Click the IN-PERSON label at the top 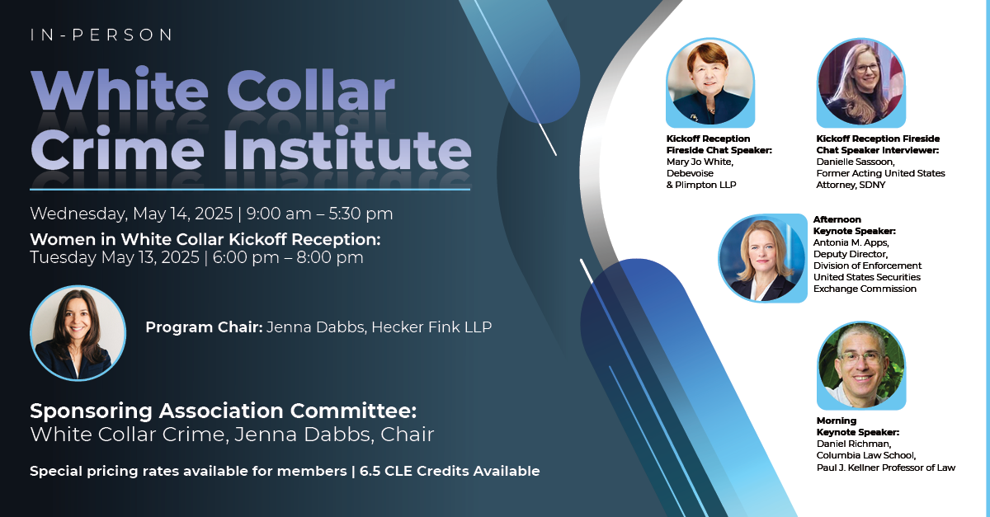coord(101,35)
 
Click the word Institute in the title coord(347,149)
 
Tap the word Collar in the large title coord(311,91)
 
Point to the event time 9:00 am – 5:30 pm coord(319,214)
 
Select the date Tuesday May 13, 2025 coord(115,257)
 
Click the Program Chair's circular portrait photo coord(78,333)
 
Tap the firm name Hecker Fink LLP coord(431,327)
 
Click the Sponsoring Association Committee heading coord(224,411)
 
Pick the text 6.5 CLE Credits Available coord(450,471)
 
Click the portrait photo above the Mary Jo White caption coord(710,82)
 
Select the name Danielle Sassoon coord(856,162)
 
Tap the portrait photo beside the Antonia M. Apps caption coord(762,259)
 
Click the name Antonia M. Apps coord(851,242)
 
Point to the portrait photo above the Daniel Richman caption coord(861,365)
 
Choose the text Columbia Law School coord(865,456)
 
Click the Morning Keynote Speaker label coord(857,426)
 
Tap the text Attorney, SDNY coord(851,186)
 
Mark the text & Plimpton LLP coord(701,186)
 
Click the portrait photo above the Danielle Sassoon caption coord(861,82)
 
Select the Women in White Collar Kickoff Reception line coord(205,239)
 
